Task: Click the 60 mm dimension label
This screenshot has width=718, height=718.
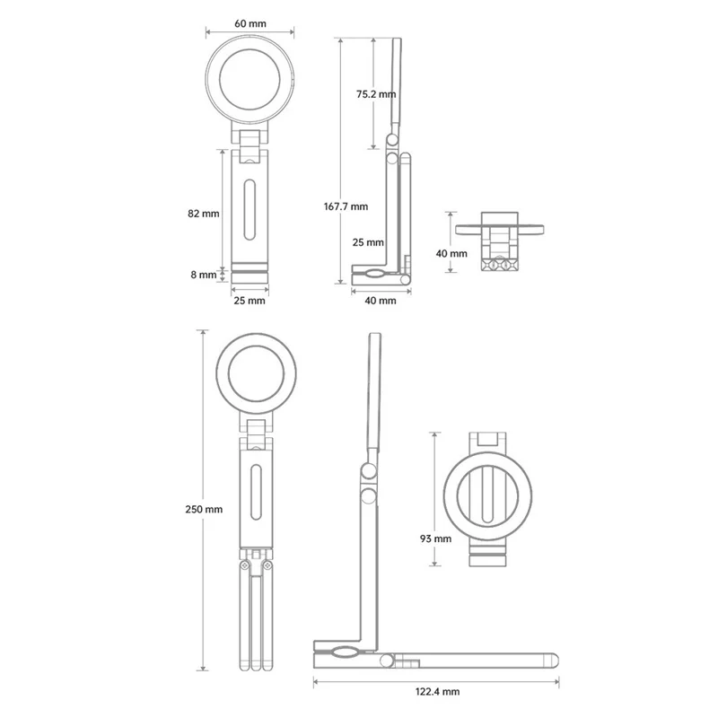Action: point(250,23)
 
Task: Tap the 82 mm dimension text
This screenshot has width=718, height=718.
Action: point(204,214)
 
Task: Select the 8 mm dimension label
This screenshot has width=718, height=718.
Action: point(204,275)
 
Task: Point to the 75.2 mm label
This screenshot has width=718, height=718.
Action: point(376,94)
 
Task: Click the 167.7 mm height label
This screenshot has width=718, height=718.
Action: point(346,206)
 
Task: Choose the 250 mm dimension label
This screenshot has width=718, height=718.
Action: point(204,509)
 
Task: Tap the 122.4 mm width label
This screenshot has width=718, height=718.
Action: point(437,691)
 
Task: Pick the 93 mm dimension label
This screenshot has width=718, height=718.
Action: point(435,539)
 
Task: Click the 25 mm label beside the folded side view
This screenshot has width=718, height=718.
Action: point(368,242)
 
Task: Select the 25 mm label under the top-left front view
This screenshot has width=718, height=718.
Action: point(250,301)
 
